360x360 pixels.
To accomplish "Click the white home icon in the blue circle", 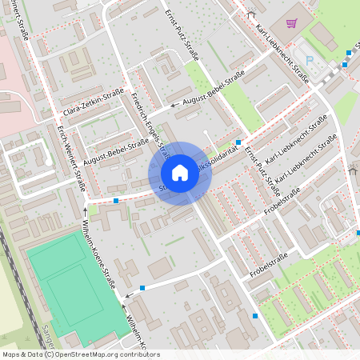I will coord(180,173).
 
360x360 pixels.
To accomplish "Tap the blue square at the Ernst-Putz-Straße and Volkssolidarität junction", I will coord(238,141).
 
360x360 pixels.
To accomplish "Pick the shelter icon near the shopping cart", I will coord(251,14).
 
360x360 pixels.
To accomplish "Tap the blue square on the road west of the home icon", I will coord(116,200).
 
